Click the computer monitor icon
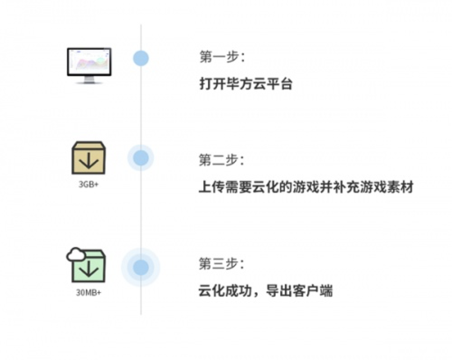89,66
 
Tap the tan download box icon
89,158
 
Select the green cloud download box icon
86,265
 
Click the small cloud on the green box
76,255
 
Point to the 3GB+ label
89,185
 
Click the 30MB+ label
89,293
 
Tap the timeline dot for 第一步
141,58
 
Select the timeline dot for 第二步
141,158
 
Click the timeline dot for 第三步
141,267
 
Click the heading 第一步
222,56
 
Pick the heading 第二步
221,160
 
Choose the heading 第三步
221,264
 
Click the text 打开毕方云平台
246,84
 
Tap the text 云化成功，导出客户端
265,290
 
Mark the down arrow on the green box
88,269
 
